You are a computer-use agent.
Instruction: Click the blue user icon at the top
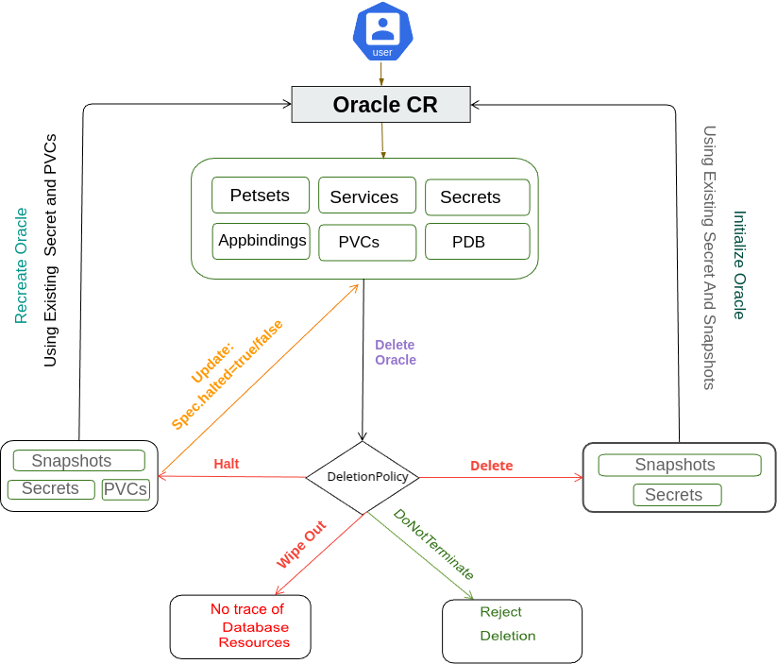click(382, 32)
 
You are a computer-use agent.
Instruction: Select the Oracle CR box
click(380, 105)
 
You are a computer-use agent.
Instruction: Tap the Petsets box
click(260, 196)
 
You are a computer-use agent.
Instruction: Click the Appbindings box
click(262, 241)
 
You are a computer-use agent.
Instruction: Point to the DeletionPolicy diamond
click(363, 477)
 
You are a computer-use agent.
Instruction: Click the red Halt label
click(227, 464)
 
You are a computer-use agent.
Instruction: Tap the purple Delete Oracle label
click(395, 352)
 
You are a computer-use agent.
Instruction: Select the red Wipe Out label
click(301, 543)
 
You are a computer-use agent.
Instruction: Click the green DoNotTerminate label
click(433, 545)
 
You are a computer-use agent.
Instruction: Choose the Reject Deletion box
click(512, 630)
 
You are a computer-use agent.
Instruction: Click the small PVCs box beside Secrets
click(126, 489)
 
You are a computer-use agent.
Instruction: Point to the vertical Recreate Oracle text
click(21, 265)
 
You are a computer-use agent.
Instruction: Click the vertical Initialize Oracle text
click(739, 264)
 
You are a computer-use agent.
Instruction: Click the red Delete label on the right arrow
click(492, 466)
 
